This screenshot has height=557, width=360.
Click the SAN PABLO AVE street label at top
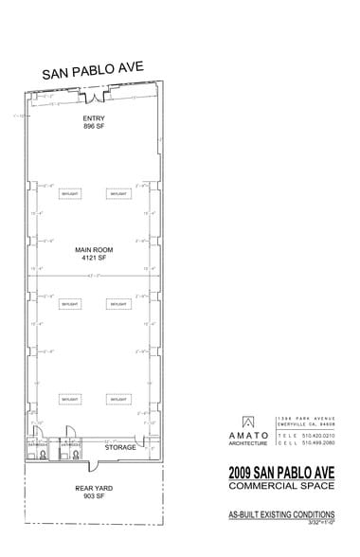91,74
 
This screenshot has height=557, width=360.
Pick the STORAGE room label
121,445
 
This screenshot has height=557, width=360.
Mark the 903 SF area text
93,495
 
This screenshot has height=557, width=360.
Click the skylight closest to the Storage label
117,401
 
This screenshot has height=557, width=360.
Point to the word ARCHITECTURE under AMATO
246,441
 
